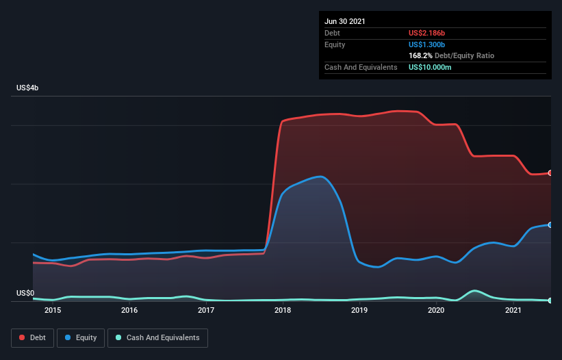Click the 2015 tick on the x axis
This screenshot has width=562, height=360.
(53, 310)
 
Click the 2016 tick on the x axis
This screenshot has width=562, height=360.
(129, 310)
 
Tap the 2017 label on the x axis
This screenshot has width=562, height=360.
(206, 310)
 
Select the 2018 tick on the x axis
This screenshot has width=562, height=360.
(283, 310)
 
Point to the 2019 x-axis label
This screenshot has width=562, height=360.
(360, 310)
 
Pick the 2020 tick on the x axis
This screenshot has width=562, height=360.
(437, 310)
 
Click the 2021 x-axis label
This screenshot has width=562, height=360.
(514, 310)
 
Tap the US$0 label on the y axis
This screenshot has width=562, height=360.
(25, 293)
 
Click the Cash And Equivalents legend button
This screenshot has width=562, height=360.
(157, 337)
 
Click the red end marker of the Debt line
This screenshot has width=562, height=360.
(550, 173)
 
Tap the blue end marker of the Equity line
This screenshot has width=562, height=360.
(550, 224)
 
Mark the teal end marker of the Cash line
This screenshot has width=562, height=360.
(550, 300)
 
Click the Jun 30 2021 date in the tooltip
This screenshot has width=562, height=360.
(345, 21)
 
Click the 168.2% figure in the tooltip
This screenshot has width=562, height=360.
(420, 55)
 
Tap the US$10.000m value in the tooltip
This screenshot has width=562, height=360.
(430, 67)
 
